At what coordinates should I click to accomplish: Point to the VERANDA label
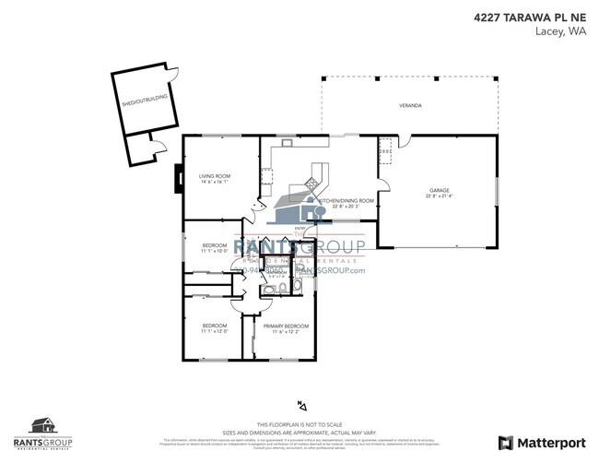click(410, 106)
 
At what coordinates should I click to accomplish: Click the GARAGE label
click(439, 188)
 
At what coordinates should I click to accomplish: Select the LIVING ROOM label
click(215, 175)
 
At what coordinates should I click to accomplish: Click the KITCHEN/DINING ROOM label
click(346, 200)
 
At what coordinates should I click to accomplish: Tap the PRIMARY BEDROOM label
click(286, 326)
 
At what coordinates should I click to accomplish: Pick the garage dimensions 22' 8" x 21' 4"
click(439, 196)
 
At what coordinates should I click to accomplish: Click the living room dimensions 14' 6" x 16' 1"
click(215, 183)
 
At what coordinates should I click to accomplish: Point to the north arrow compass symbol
click(299, 404)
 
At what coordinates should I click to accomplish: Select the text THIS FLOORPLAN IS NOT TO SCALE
click(299, 423)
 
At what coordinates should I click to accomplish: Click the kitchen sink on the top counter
click(288, 142)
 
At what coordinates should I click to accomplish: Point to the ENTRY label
click(300, 228)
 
